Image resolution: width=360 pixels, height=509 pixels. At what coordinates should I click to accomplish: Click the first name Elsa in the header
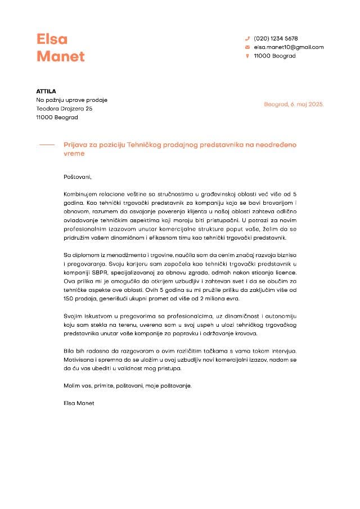[52, 39]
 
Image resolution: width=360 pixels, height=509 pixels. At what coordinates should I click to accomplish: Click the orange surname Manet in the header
[60, 56]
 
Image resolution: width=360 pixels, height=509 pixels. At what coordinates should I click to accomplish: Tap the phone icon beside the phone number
[247, 38]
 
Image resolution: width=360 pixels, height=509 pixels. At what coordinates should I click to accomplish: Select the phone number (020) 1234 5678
[276, 38]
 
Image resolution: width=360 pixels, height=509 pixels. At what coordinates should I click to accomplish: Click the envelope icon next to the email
[247, 47]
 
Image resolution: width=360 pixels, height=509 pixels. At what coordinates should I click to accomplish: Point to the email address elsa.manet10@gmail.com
[289, 47]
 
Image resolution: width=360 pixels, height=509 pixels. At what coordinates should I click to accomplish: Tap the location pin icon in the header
[247, 56]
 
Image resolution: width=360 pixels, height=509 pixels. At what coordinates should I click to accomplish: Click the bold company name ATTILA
[46, 91]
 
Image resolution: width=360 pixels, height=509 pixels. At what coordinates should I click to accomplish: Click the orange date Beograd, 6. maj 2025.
[294, 105]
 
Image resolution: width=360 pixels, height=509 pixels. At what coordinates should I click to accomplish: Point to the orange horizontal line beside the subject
[46, 145]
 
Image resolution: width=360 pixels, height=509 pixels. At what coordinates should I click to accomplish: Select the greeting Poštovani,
[78, 177]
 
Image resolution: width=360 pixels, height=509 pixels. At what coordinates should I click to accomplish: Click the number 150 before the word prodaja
[69, 298]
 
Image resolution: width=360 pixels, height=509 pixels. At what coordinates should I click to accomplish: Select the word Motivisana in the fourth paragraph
[79, 359]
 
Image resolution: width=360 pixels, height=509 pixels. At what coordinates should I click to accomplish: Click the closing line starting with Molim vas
[128, 386]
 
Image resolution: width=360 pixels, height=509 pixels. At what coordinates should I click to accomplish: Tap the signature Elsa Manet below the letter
[79, 403]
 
